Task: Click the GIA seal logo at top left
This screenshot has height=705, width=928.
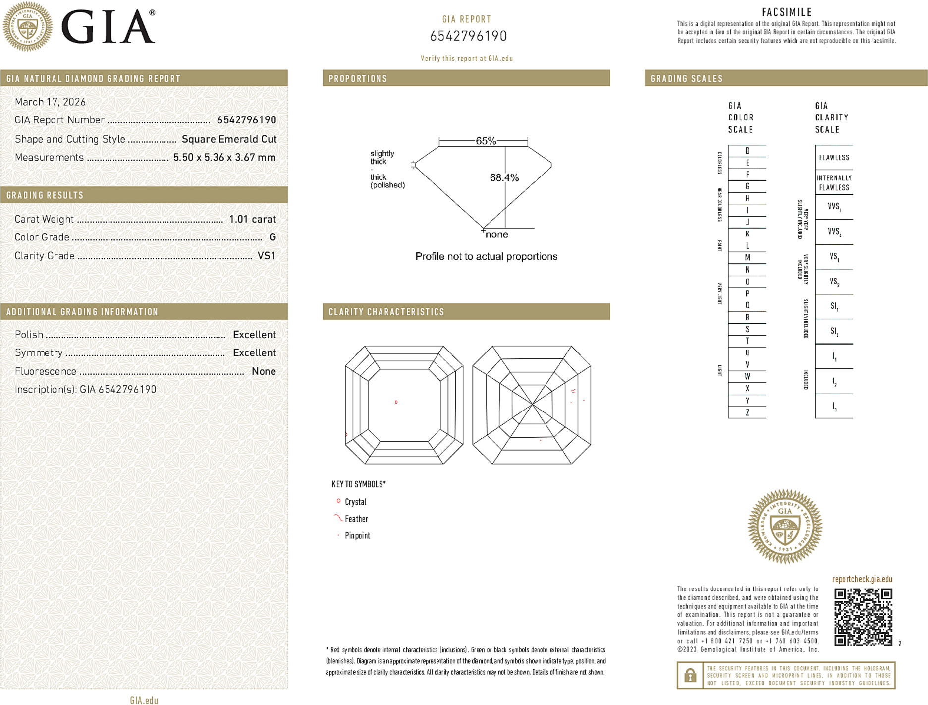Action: pyautogui.click(x=27, y=27)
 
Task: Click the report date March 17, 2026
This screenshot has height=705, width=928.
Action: pyautogui.click(x=50, y=102)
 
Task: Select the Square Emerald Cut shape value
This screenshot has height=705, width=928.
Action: pyautogui.click(x=229, y=139)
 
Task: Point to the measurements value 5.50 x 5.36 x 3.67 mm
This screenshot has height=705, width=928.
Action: pyautogui.click(x=224, y=158)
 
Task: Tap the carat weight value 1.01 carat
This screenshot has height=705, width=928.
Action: pyautogui.click(x=252, y=219)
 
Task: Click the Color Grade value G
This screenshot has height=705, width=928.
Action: pyautogui.click(x=273, y=237)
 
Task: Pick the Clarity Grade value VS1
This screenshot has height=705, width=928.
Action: pyautogui.click(x=266, y=256)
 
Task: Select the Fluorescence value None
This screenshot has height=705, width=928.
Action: pyautogui.click(x=264, y=371)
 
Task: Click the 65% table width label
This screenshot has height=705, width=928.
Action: pyautogui.click(x=486, y=141)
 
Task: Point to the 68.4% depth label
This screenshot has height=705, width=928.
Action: pyautogui.click(x=504, y=177)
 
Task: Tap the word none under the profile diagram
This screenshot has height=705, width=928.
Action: pyautogui.click(x=496, y=235)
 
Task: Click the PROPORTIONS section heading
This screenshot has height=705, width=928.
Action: pyautogui.click(x=358, y=79)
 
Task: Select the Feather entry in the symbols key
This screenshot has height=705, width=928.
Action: pyautogui.click(x=356, y=519)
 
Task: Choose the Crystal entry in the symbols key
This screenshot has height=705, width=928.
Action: pyautogui.click(x=355, y=502)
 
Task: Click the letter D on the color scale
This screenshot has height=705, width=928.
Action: pyautogui.click(x=747, y=151)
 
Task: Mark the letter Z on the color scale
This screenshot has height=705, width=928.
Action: pyautogui.click(x=747, y=412)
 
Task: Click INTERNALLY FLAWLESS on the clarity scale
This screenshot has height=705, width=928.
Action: pyautogui.click(x=834, y=183)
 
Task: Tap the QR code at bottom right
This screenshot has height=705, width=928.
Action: pyautogui.click(x=863, y=617)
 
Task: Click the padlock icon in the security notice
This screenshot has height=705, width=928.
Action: pyautogui.click(x=690, y=675)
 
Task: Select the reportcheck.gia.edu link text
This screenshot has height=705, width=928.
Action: pyautogui.click(x=862, y=579)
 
